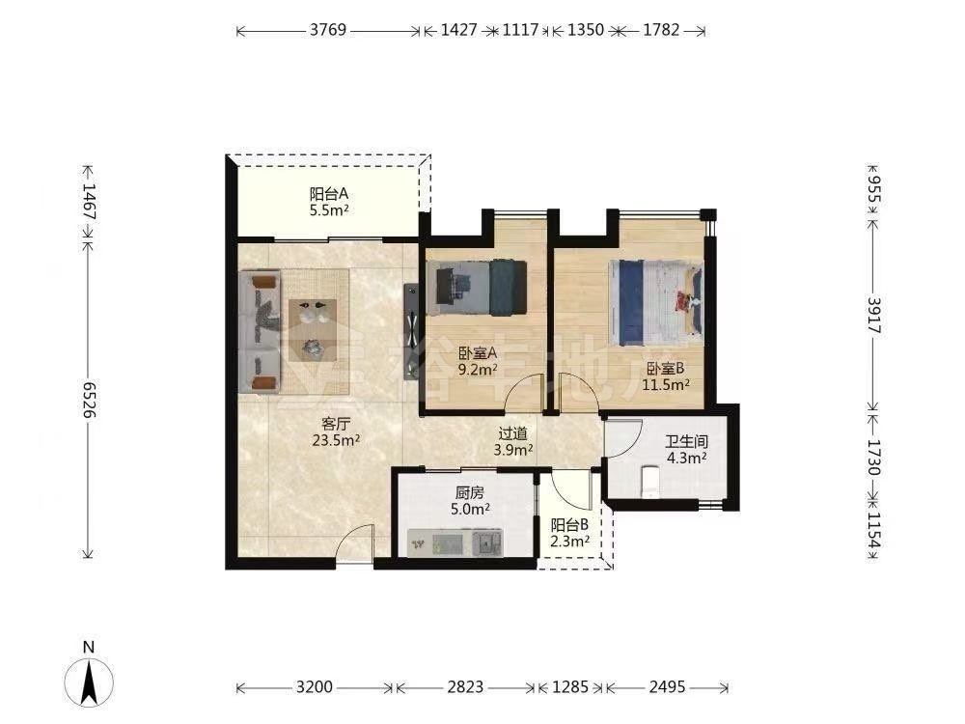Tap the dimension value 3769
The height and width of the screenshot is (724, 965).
tap(328, 30)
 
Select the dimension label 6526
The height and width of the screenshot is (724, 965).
tap(90, 399)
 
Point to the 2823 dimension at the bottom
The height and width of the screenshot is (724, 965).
tap(465, 686)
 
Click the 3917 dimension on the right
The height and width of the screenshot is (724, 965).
tap(873, 316)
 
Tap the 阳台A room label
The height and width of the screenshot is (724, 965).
tap(329, 194)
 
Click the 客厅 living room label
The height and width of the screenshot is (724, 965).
tap(336, 424)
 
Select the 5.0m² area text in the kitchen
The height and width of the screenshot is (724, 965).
tap(470, 509)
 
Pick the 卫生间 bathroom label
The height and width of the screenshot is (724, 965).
tap(686, 441)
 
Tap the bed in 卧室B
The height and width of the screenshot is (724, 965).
tap(656, 302)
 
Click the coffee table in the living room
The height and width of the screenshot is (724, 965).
tap(313, 330)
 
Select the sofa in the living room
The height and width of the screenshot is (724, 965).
tap(260, 332)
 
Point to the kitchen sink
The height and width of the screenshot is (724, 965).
tap(488, 543)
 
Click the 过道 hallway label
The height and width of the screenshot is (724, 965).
tap(512, 434)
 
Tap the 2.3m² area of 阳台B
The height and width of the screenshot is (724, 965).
tap(570, 542)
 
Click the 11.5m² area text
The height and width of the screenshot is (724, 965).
tap(666, 385)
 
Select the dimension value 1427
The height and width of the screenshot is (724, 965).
tap(459, 30)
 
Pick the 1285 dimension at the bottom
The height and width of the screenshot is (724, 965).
tap(570, 686)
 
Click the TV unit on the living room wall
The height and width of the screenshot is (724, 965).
tap(410, 330)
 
